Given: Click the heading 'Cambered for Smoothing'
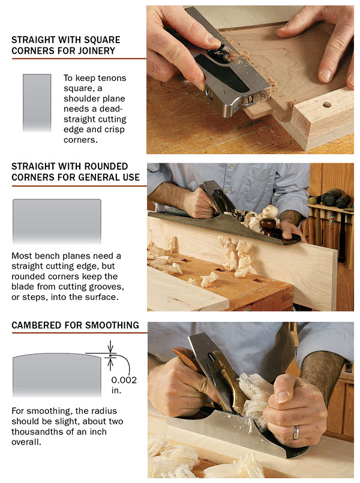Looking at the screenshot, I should (75, 326).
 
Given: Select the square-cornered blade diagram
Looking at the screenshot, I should (37, 103).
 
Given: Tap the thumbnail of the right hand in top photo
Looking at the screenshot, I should (325, 74).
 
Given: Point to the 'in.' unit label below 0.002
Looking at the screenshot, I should (116, 390).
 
